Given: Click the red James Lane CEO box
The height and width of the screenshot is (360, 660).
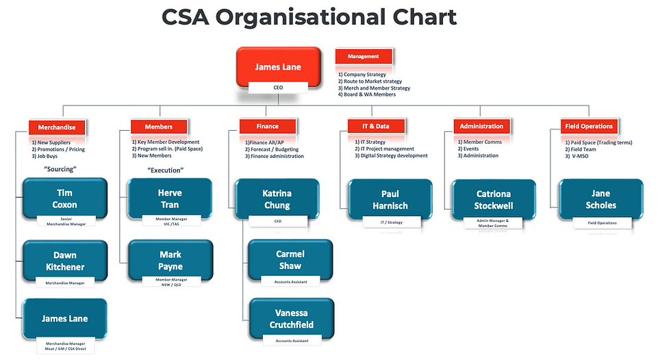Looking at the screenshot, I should click(278, 66).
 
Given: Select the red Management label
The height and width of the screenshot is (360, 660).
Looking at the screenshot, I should click(364, 56).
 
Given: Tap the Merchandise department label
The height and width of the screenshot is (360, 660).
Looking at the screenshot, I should click(57, 127).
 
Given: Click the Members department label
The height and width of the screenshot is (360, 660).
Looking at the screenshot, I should click(158, 127).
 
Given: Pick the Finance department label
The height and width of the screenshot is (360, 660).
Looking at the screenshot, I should click(268, 126).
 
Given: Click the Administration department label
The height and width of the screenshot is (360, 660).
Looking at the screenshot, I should click(481, 126).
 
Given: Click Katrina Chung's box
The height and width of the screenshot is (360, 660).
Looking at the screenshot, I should click(277, 199).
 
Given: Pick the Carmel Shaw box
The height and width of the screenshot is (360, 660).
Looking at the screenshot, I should click(290, 260).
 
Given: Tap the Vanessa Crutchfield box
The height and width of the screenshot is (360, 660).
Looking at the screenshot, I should click(290, 319).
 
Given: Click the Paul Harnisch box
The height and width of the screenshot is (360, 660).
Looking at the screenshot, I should click(390, 199).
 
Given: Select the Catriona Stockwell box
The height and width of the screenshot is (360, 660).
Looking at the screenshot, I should click(493, 199).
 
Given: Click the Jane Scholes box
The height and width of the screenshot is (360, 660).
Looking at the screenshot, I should click(600, 199).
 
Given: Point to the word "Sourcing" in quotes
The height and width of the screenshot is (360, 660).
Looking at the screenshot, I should click(60, 168).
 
